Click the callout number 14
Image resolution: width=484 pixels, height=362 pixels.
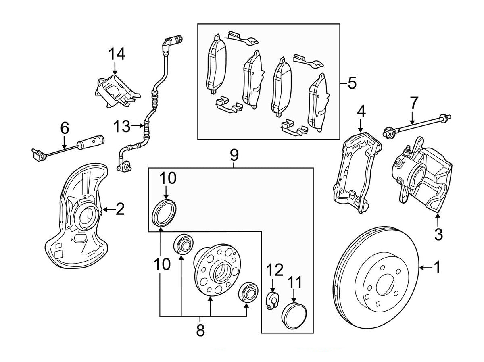pos(116,54)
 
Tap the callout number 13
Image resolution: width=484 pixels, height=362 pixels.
pos(121,127)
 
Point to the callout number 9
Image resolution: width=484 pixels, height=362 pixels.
pos(234,154)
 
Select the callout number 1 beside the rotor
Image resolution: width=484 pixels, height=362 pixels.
pos(436,267)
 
